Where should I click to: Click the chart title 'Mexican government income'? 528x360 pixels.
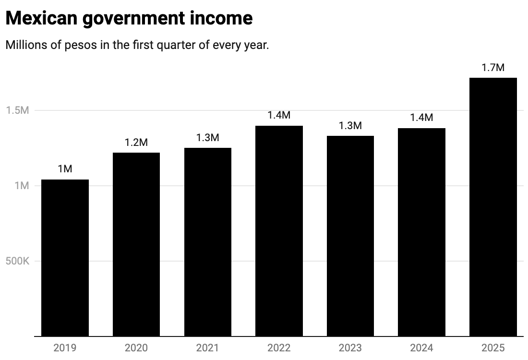pos(129,18)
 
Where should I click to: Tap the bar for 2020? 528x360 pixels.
pos(136,244)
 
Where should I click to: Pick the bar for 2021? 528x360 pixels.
pos(207,242)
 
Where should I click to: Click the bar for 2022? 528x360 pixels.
pos(279,231)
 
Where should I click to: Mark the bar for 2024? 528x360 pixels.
pos(421,232)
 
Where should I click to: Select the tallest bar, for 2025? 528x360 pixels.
pos(493,207)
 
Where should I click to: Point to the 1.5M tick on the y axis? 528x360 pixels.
pos(18,110)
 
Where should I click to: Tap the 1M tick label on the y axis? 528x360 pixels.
pos(22,186)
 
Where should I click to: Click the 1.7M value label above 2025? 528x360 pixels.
pos(493,68)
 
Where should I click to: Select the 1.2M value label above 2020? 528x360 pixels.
pos(136,143)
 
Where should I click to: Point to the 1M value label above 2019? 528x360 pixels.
pos(65,169)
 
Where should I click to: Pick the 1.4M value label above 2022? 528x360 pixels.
pos(279,115)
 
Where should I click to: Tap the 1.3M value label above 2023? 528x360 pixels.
pos(350,126)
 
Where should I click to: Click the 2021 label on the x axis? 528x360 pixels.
pos(207,348)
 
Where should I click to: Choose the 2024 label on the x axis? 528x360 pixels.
pos(421,348)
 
